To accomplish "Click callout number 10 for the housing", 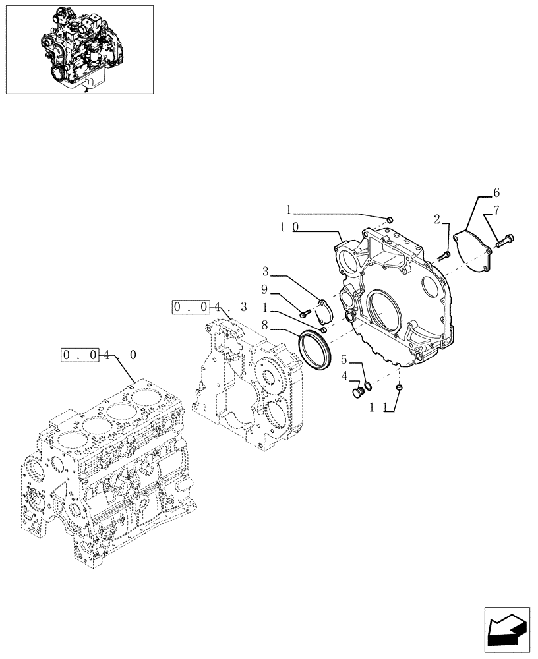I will (x=287, y=227).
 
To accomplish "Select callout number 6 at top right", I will (x=496, y=193).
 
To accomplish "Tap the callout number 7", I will (x=496, y=211).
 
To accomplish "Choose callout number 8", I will (x=264, y=324).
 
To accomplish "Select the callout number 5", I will (x=344, y=360).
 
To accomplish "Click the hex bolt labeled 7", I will (x=506, y=241).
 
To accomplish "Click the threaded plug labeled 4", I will (x=359, y=393).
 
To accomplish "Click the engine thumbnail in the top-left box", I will (x=79, y=49).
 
